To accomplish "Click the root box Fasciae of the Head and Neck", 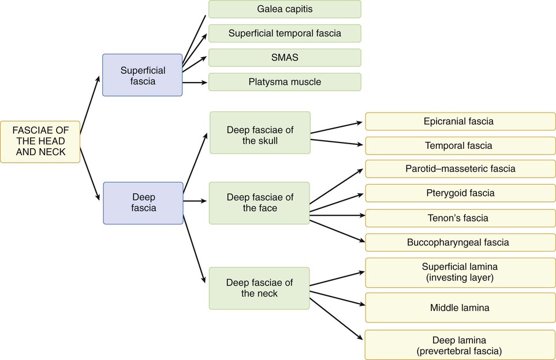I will (40, 142).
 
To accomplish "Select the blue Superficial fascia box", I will (143, 75).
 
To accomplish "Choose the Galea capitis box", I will (285, 9).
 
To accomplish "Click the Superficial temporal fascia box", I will (285, 33).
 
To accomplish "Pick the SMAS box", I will (285, 58).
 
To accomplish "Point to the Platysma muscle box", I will (285, 82).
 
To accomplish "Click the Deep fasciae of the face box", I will (260, 202).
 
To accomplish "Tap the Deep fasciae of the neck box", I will (260, 288).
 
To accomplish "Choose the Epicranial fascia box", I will (460, 122).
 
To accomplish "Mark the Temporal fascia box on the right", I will (460, 146).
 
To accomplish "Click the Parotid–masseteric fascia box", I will (460, 169).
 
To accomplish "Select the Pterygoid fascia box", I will (460, 193).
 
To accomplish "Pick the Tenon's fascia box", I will (460, 218).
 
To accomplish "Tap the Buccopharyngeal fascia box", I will (460, 242).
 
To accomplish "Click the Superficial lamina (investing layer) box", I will (460, 273).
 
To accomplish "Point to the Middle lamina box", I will (460, 307).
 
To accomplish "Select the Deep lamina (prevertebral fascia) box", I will (460, 344).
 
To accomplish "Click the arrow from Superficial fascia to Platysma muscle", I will (195, 82).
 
